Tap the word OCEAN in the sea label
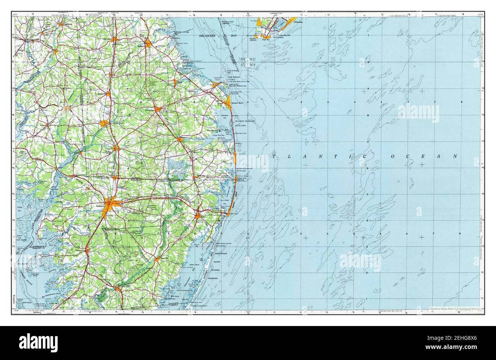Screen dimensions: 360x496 click(x=420, y=156)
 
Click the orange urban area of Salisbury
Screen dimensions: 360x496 click(x=111, y=204)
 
